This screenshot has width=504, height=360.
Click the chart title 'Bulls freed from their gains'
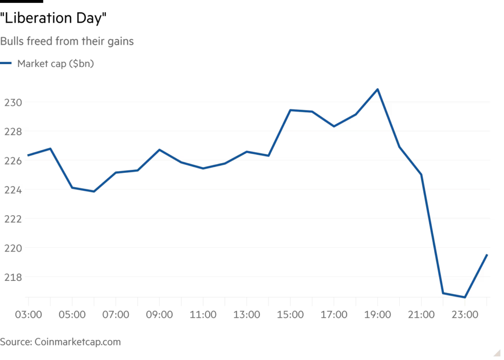[67, 41]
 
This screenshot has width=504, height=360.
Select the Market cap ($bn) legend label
[56, 64]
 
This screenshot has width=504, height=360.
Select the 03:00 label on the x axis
[29, 315]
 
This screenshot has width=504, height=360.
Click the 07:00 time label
[116, 315]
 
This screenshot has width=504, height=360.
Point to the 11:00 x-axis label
[203, 315]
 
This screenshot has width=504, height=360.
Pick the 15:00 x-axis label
[290, 315]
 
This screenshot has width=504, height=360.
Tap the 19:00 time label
[378, 315]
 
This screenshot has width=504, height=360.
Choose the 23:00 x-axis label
[465, 315]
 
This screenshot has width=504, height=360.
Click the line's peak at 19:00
[378, 90]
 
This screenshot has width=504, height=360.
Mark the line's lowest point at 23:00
[464, 297]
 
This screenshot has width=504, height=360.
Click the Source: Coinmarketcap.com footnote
[61, 342]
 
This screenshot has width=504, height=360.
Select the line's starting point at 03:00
[28, 155]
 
